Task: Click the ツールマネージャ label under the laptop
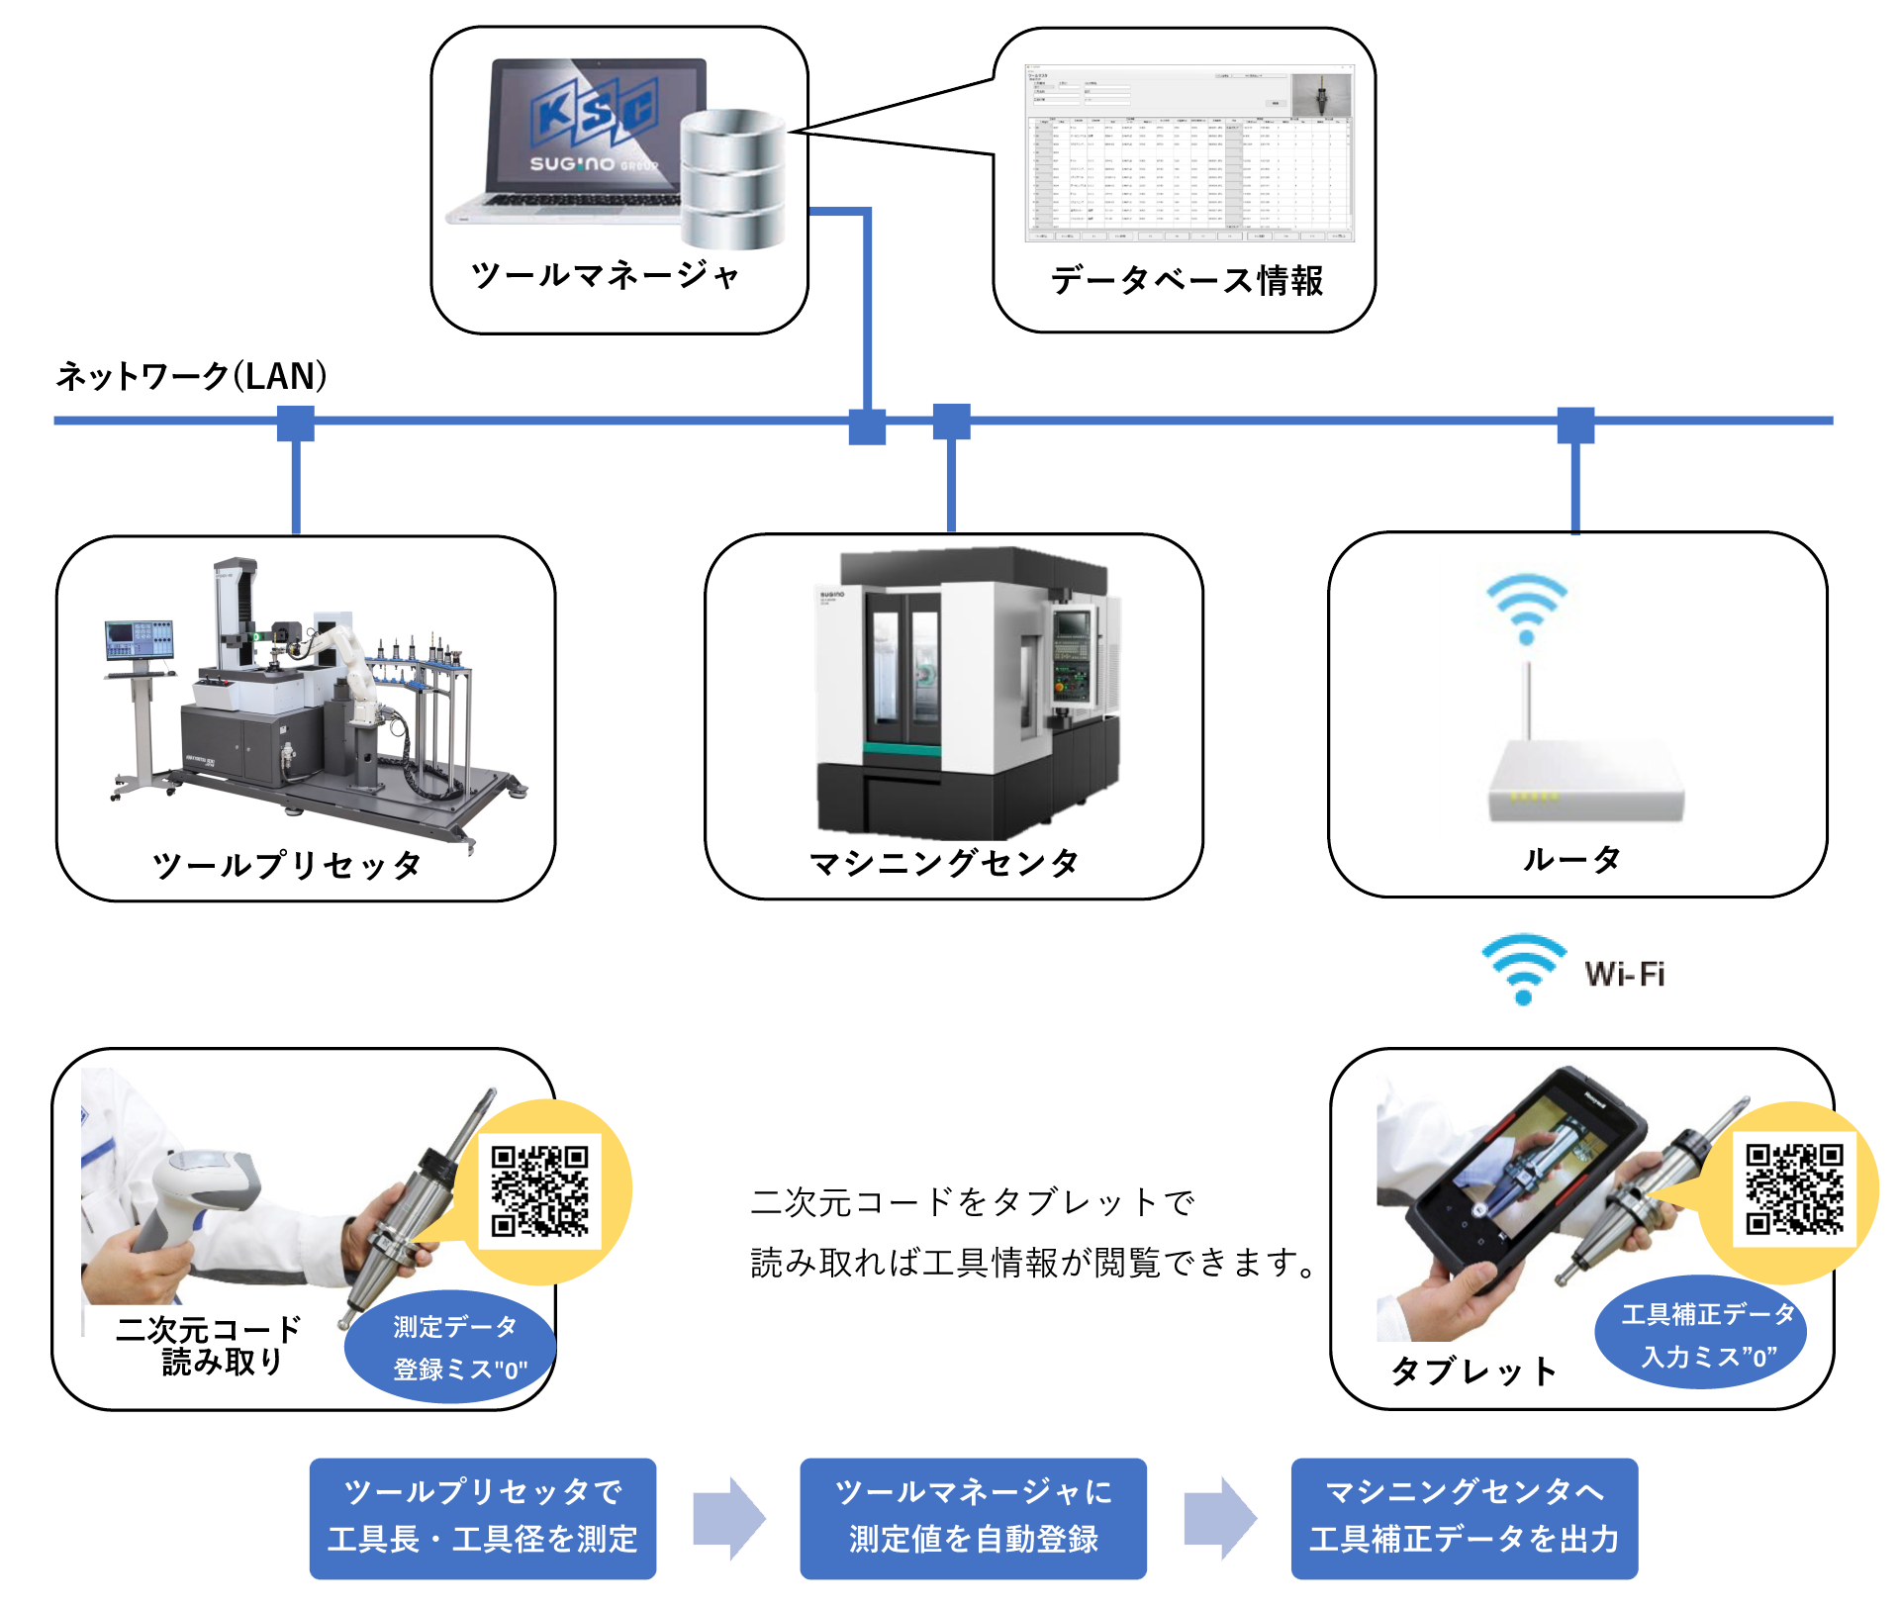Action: click(605, 275)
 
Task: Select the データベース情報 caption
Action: click(1187, 281)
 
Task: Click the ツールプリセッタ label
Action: click(287, 865)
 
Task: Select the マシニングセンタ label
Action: click(944, 863)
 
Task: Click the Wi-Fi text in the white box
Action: click(1624, 974)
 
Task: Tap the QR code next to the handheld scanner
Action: click(540, 1190)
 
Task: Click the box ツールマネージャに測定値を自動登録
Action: click(973, 1517)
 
